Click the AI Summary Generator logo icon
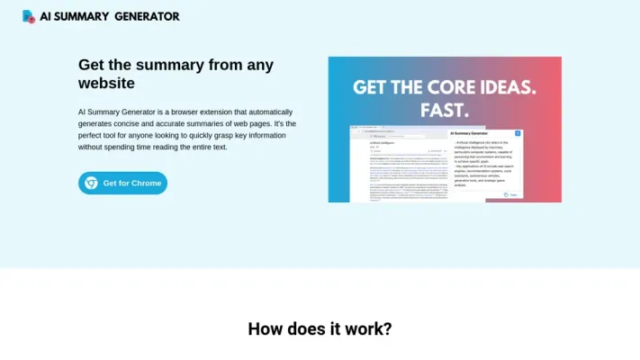tap(29, 16)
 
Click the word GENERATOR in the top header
tap(147, 16)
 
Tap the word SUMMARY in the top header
tap(86, 16)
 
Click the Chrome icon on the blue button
tap(92, 183)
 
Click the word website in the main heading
tap(106, 83)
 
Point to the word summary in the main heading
tap(172, 65)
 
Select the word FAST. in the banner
tap(445, 110)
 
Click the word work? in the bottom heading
tap(366, 328)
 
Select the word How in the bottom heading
tap(267, 328)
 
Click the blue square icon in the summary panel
tap(518, 134)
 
